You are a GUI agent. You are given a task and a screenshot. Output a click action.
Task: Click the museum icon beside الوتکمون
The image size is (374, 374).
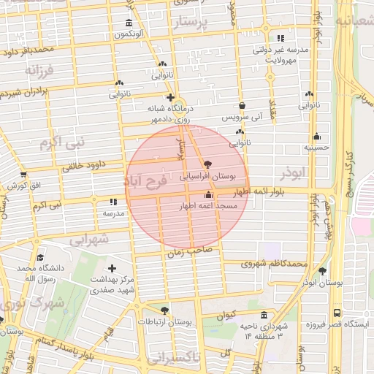[x=129, y=22]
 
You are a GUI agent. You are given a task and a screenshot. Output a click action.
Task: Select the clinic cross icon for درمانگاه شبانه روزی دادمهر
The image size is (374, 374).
[x=170, y=97]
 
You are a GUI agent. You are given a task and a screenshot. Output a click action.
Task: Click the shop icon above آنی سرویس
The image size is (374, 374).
[x=241, y=105]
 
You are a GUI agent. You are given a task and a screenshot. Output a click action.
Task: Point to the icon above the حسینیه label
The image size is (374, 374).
[x=316, y=136]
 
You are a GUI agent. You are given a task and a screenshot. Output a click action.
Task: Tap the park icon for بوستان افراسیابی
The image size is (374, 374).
[x=209, y=164]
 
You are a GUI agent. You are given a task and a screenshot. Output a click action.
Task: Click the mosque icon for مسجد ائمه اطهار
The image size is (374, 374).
[x=210, y=195]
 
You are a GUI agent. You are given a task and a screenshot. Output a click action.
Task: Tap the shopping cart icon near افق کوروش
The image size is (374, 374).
[x=23, y=175]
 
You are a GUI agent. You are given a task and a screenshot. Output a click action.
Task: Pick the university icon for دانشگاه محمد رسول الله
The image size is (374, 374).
[x=40, y=257]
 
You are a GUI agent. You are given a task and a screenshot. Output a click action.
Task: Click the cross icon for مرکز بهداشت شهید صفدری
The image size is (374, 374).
[x=112, y=269]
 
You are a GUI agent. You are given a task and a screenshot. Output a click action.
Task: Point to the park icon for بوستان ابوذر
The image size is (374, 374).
[x=322, y=270]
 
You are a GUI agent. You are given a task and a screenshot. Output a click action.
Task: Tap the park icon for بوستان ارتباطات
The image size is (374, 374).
[x=164, y=310]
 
